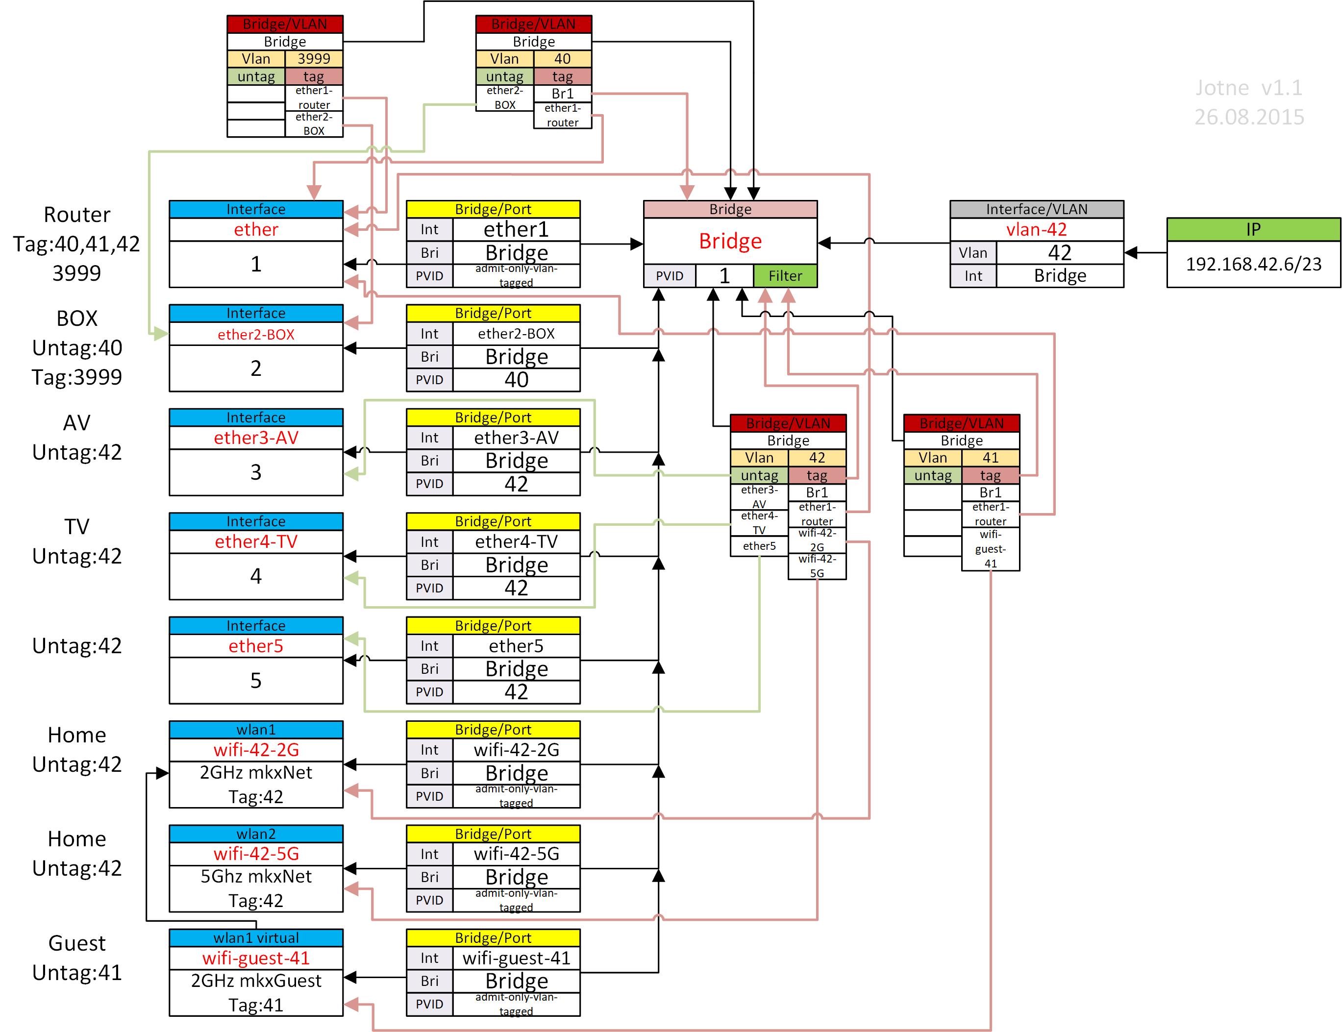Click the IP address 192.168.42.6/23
1253,264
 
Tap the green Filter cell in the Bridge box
785,276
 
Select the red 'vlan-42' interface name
1036,230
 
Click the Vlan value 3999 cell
313,59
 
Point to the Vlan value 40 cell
562,59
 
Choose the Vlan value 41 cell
990,458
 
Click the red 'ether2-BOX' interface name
256,334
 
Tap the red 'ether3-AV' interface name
256,438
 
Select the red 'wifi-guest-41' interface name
256,958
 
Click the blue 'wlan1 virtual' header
256,938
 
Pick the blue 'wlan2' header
256,834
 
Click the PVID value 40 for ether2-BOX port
516,380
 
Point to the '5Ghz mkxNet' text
256,877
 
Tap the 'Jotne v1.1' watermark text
1248,88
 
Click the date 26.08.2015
1248,117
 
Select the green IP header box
1253,229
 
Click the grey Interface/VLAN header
1036,209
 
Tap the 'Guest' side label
77,943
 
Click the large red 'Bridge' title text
730,241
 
